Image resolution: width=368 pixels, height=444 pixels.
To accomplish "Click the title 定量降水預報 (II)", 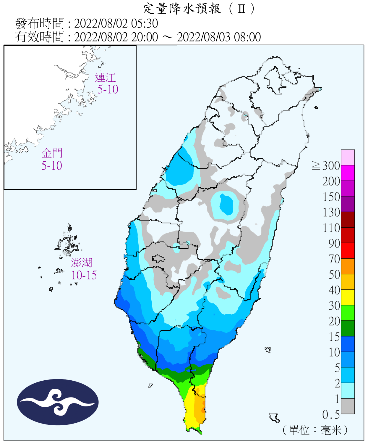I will point(199,9).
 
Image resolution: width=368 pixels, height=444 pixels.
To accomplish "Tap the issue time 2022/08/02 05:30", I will point(116,23).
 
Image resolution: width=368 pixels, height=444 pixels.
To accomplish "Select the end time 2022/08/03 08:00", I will point(219,37).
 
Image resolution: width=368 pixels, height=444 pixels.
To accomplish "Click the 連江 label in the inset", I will point(105,78).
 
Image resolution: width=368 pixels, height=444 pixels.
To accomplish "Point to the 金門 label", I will point(52,153).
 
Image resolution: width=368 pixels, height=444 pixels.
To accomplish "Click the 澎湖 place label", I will point(82,263).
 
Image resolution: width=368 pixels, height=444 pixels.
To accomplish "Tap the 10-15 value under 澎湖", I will point(84,275).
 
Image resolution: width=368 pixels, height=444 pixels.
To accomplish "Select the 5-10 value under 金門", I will point(52,166).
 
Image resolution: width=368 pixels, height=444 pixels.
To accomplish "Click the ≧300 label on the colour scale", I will point(326,166).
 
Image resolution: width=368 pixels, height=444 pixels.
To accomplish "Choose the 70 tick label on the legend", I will point(334,259).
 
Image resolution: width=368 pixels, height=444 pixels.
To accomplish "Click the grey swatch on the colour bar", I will point(348,406).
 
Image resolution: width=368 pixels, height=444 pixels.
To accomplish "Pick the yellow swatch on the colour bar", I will point(348,297).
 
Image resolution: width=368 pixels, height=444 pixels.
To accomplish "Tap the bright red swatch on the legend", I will point(348,250).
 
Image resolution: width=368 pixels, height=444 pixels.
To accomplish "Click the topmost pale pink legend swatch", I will point(348,157).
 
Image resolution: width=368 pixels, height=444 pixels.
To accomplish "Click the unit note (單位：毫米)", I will point(315,430).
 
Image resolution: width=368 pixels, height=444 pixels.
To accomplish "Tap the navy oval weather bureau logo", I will point(58,402).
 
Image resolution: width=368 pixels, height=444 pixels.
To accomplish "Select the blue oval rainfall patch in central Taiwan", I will point(226,204).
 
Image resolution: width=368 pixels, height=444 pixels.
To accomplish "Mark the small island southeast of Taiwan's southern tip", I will point(274,418).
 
